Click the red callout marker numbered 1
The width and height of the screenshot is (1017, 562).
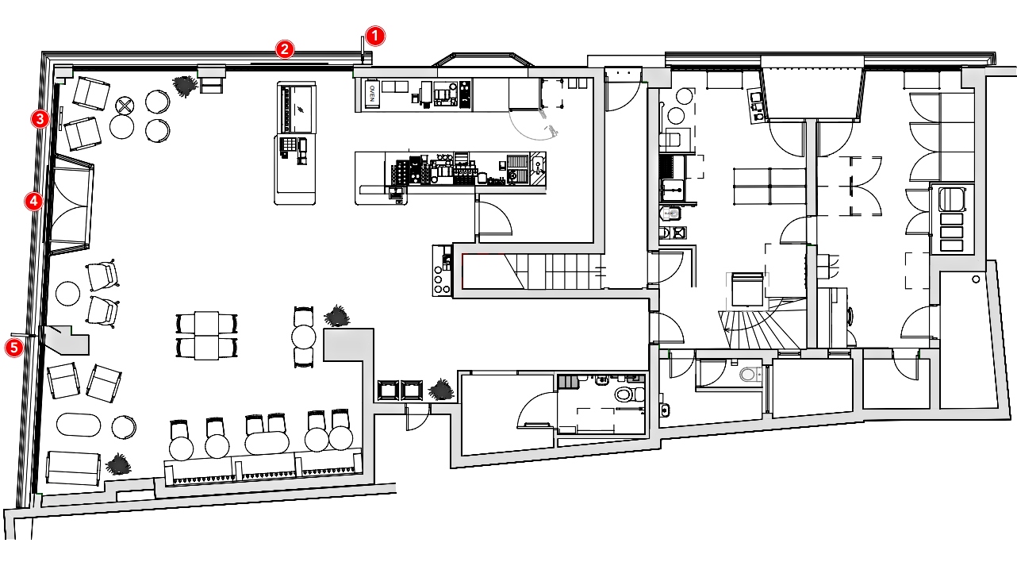coord(375,36)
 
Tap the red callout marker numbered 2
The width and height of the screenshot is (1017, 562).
coord(285,49)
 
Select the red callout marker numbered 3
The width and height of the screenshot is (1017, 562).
coord(40,120)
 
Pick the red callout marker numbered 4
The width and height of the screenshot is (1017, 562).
coord(33,202)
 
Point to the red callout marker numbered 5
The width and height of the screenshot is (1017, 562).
coord(14,348)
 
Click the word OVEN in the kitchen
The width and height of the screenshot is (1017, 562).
coord(372,94)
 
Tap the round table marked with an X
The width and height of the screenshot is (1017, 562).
coord(125,106)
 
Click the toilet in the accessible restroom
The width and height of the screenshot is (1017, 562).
coord(629,394)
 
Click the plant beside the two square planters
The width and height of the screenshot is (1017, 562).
coord(441,390)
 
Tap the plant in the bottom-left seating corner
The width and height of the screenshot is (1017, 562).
coord(118,464)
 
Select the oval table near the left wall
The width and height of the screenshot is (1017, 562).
coord(79,425)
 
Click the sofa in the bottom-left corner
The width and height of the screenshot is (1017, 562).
coord(73,468)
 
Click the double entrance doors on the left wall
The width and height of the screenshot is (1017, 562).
coord(71,203)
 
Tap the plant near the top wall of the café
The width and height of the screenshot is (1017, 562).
coord(186,86)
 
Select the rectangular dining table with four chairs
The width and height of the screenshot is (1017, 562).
coord(206,336)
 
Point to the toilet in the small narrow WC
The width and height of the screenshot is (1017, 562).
coord(750,375)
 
